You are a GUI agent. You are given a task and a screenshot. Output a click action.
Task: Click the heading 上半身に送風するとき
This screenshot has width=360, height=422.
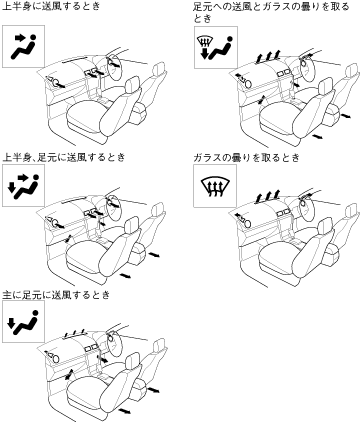pyautogui.click(x=51, y=6)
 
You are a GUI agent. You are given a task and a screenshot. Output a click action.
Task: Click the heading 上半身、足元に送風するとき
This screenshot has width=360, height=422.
pyautogui.click(x=64, y=157)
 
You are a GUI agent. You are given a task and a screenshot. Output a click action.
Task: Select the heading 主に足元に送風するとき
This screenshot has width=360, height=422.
pyautogui.click(x=56, y=295)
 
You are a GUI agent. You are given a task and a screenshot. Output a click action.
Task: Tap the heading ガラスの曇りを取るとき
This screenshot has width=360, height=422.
pyautogui.click(x=247, y=157)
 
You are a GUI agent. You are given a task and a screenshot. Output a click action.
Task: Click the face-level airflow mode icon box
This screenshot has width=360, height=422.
pyautogui.click(x=24, y=46)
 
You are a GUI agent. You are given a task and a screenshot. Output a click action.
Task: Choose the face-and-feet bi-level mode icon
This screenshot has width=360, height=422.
pyautogui.click(x=24, y=185)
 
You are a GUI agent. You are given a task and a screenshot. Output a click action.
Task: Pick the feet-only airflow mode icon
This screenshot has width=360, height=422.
pyautogui.click(x=24, y=321)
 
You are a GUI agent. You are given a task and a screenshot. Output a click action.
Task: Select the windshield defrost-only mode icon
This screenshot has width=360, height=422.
pyautogui.click(x=215, y=186)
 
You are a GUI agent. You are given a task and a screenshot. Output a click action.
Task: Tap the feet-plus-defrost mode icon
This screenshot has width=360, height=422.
pyautogui.click(x=216, y=48)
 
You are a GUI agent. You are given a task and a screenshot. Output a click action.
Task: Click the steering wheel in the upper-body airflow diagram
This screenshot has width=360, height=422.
pyautogui.click(x=114, y=68)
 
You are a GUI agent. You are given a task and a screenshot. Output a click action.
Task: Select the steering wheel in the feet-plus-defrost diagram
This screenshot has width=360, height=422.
pyautogui.click(x=306, y=69)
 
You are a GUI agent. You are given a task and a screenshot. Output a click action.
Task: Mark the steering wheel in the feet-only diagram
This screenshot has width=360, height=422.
pyautogui.click(x=113, y=343)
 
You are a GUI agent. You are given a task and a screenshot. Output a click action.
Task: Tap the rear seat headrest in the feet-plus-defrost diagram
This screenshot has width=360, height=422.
pyautogui.click(x=350, y=73)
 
